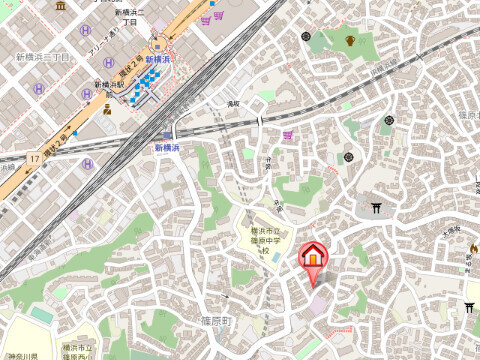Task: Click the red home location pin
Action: click(314, 256)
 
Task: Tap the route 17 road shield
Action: click(34, 158)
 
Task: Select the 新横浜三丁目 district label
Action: click(42, 58)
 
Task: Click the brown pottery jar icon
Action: click(351, 41)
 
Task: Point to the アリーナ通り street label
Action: click(106, 42)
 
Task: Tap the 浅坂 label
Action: click(233, 103)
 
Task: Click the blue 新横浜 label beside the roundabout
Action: click(158, 59)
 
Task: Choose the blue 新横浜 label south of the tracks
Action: click(166, 146)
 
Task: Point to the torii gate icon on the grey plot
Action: click(377, 209)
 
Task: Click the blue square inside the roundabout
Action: click(157, 44)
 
